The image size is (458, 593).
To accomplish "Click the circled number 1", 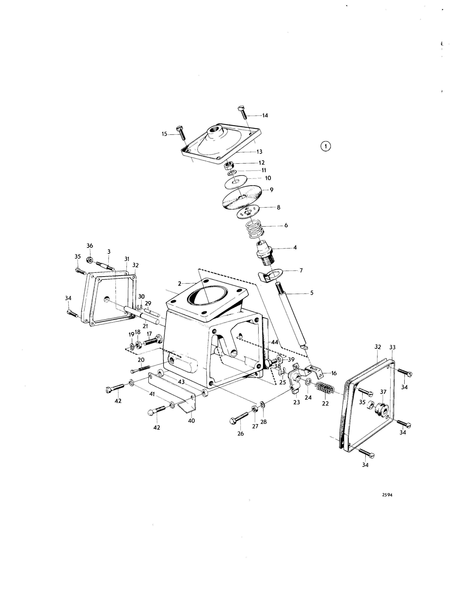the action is [x=326, y=146].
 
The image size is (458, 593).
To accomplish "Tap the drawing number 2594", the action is [x=387, y=495].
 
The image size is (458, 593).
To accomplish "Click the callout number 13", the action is [x=259, y=152].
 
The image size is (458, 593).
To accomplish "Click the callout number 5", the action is [x=312, y=293].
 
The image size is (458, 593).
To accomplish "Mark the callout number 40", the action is [x=191, y=421].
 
